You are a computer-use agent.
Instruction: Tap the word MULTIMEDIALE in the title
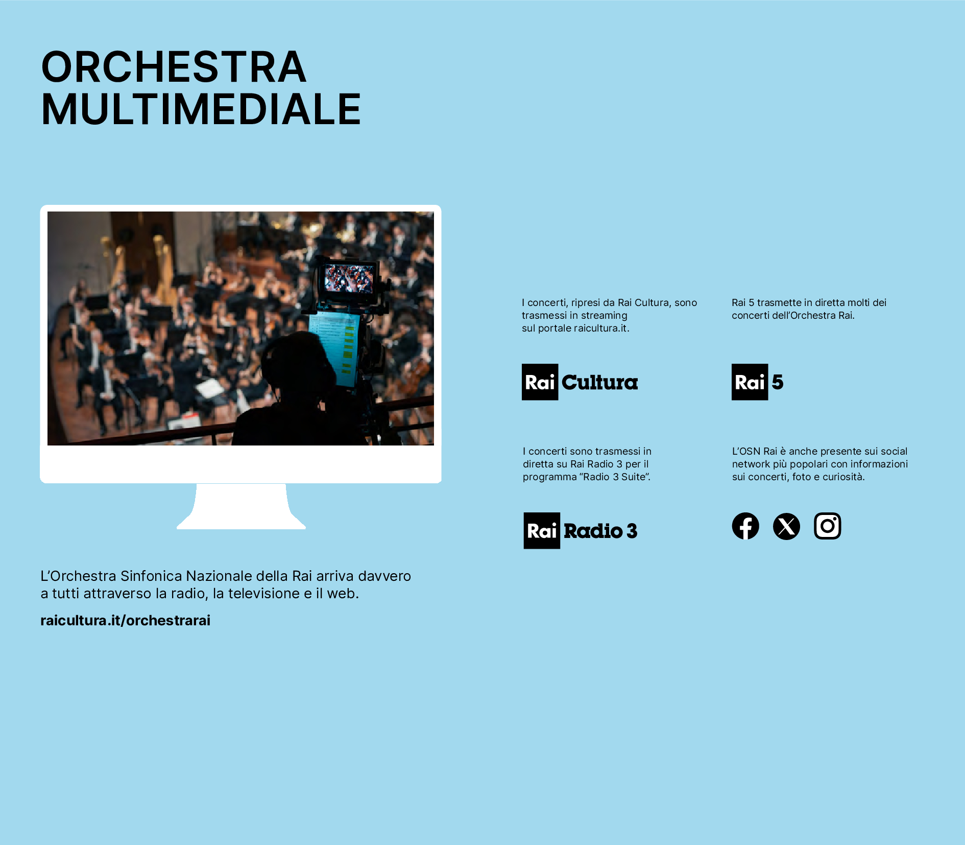[201, 109]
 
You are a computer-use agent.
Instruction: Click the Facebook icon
[745, 526]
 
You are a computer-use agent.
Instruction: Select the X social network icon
[786, 526]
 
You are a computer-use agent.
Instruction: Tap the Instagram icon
[827, 526]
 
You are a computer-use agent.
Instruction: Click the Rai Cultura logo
[580, 382]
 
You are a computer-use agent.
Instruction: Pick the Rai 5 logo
[758, 382]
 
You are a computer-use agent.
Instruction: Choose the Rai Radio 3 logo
[581, 531]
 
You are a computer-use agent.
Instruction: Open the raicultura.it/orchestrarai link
[126, 620]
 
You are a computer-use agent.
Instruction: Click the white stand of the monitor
[241, 506]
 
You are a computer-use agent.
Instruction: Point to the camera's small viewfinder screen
[349, 278]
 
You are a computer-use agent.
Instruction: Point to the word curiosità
[843, 477]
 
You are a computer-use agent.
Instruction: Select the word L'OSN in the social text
[746, 451]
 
